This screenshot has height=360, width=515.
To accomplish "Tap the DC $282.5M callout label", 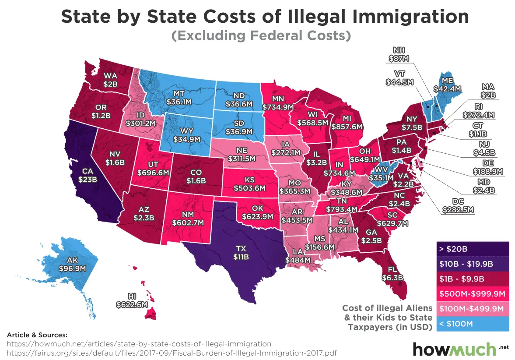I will tap(457, 205).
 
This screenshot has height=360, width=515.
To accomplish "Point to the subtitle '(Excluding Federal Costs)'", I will tap(261, 35).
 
